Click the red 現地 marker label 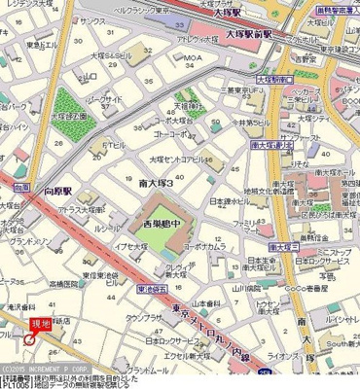40,324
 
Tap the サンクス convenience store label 93,20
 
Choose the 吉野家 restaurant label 336,58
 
